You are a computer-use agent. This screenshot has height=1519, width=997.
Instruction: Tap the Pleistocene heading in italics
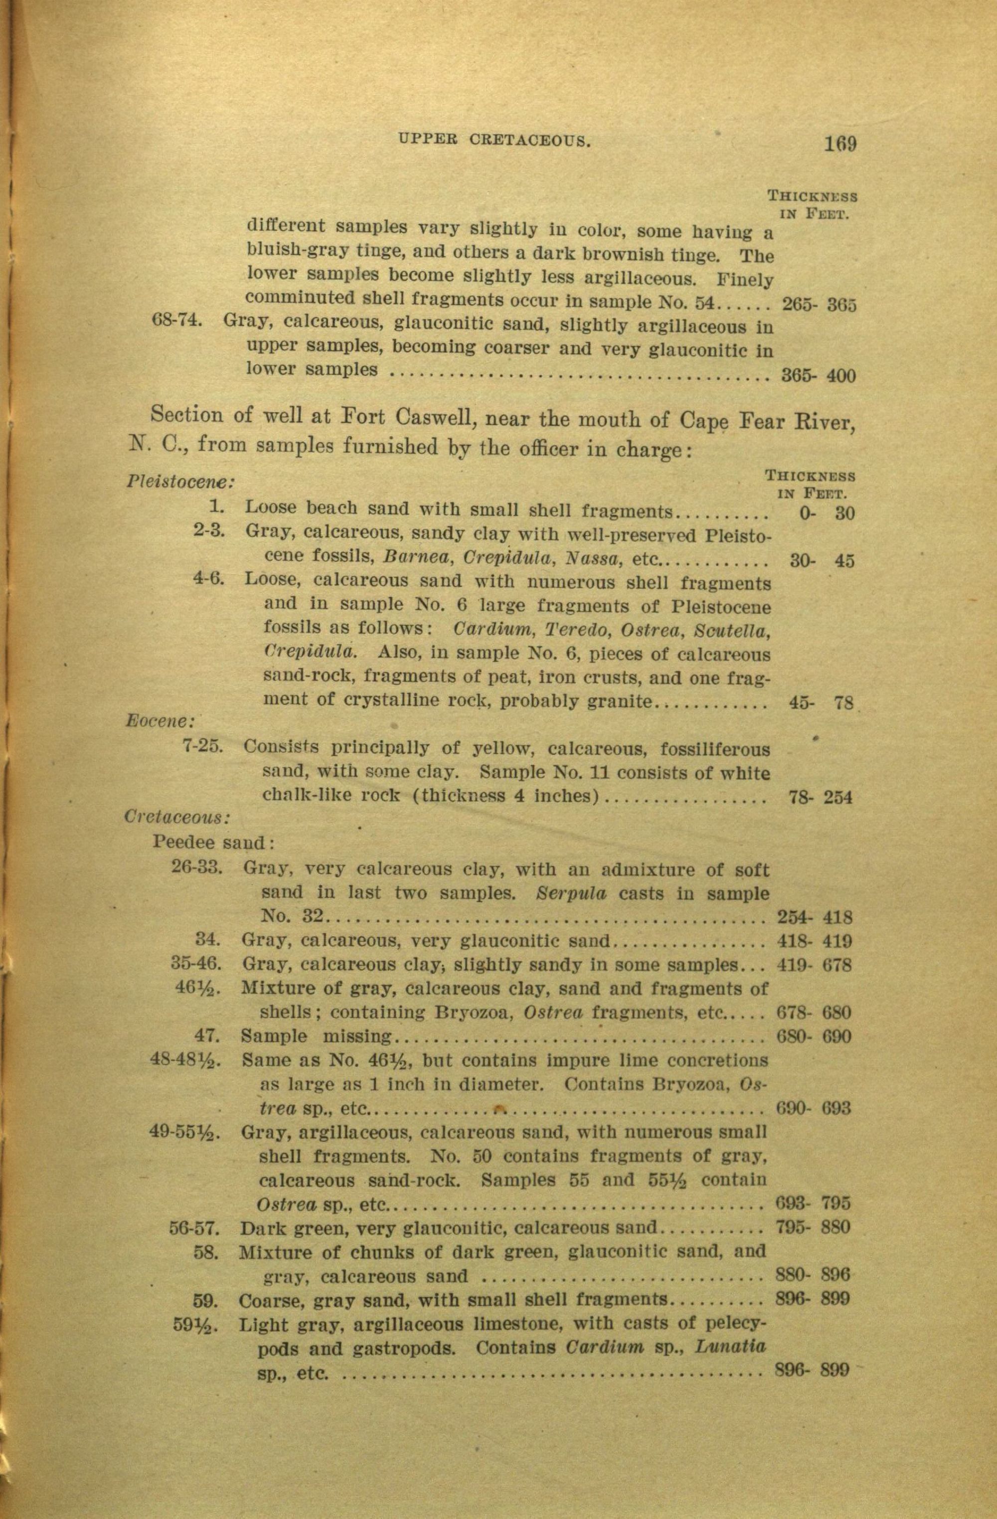[180, 481]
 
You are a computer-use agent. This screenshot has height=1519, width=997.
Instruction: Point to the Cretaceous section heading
[177, 817]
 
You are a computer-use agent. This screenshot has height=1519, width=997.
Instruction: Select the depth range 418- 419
[815, 941]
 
